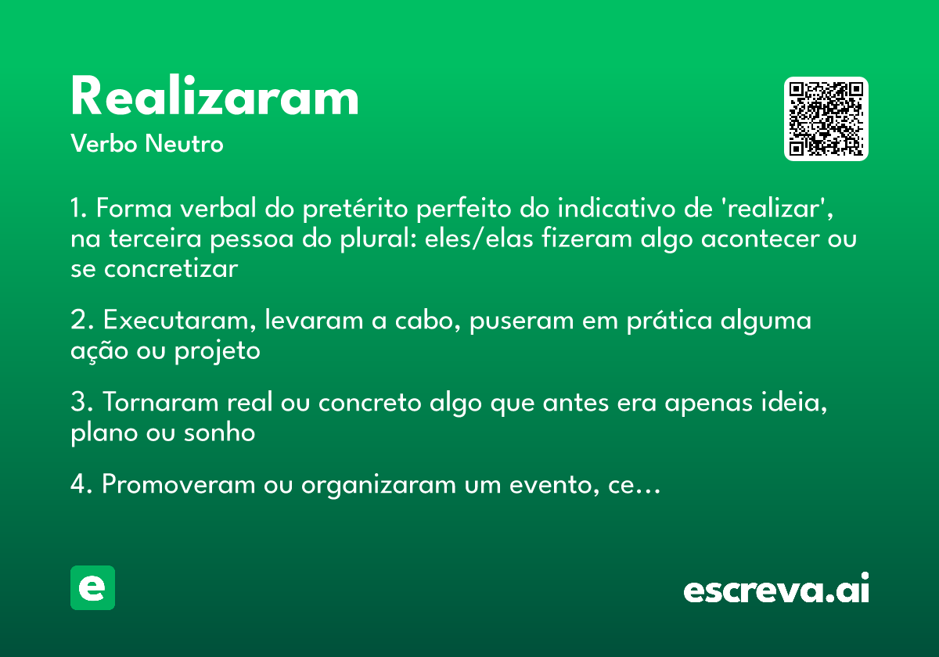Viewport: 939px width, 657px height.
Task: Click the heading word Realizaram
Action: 214,98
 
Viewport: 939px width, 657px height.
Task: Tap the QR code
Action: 826,119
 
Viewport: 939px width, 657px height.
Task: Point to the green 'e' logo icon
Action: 92,587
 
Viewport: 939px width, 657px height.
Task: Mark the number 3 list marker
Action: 77,403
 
